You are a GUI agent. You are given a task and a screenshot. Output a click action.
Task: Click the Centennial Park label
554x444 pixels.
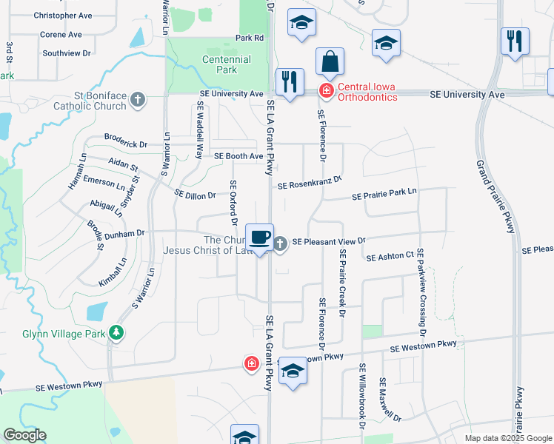point(220,64)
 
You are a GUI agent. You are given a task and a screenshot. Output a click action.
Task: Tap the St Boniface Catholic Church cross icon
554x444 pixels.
point(137,99)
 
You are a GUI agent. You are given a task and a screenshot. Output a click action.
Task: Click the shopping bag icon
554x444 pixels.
point(330,62)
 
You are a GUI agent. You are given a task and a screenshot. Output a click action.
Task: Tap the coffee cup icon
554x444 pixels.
point(259,238)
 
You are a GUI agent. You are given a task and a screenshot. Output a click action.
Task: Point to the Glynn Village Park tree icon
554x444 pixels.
point(116,334)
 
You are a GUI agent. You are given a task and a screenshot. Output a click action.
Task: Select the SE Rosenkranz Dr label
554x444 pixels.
point(310,183)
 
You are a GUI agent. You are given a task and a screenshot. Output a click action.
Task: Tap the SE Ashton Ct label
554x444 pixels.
point(390,256)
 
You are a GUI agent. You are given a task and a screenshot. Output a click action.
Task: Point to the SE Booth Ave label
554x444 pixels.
point(238,156)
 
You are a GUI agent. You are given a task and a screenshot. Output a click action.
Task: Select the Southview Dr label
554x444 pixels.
point(66,53)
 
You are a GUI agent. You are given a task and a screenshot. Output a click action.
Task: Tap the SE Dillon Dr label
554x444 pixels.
point(195,195)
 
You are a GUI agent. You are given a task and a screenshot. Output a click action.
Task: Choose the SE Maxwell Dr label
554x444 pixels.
point(390,400)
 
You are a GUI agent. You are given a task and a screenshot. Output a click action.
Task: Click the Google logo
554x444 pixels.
point(24,435)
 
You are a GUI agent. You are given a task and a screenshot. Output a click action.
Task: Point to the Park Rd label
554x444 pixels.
point(250,38)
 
